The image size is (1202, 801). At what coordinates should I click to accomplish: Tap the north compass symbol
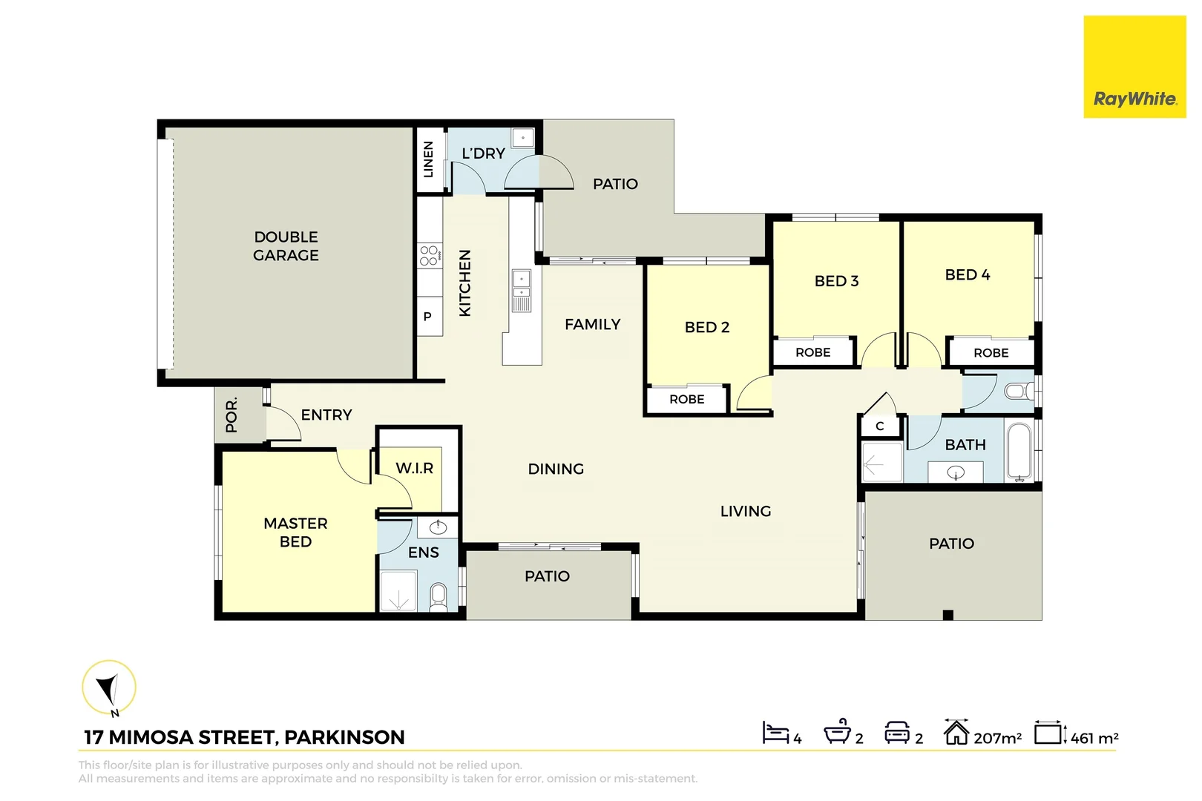(109, 688)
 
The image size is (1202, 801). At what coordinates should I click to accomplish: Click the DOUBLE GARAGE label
(286, 246)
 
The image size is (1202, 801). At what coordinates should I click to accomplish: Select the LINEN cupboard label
(428, 159)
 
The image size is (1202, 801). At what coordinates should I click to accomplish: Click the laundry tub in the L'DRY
(523, 138)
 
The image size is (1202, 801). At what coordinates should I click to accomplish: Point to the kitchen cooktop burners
(429, 256)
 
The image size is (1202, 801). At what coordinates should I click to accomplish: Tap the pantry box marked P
(427, 317)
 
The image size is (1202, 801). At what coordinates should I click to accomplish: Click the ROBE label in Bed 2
(687, 399)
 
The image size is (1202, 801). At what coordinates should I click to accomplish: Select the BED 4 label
(967, 274)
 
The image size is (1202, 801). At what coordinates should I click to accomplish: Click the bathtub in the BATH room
(1019, 451)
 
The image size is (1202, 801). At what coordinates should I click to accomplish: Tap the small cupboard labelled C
(880, 426)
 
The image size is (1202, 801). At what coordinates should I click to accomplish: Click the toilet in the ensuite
(439, 596)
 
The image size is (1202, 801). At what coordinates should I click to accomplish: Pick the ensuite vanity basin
(439, 527)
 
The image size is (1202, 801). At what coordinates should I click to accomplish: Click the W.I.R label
(414, 468)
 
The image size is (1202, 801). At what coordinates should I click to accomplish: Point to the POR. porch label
(231, 415)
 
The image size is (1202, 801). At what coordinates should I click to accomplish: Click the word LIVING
(746, 511)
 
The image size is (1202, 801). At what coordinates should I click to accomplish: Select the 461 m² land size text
(1094, 738)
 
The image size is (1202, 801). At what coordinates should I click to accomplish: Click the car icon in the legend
(897, 733)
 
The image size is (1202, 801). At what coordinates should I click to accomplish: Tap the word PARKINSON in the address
(344, 737)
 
